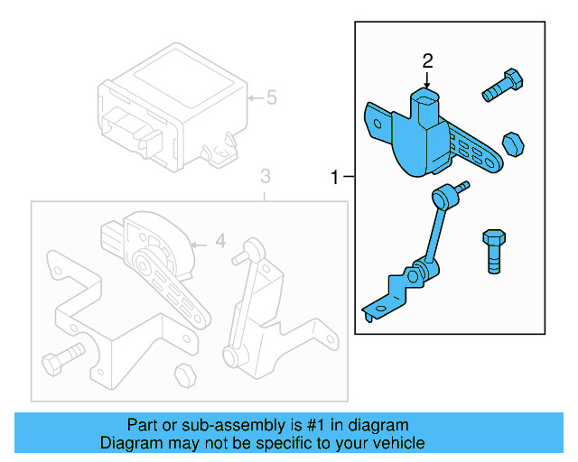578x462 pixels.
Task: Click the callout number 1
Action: [335, 178]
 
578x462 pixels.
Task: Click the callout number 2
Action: [428, 60]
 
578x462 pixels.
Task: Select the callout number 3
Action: [265, 174]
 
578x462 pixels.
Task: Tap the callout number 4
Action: [219, 242]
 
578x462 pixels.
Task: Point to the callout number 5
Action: [271, 97]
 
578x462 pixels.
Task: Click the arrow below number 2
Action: [428, 81]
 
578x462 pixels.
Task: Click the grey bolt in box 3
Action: [62, 358]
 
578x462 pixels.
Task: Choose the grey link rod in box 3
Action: [249, 298]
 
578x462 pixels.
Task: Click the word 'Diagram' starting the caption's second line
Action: [127, 442]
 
